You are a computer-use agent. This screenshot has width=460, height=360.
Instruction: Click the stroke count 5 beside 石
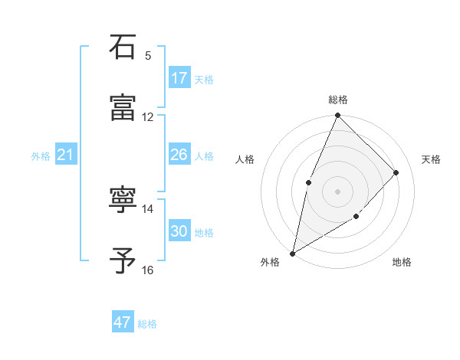coord(148,56)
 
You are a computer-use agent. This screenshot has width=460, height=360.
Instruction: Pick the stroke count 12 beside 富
coord(148,116)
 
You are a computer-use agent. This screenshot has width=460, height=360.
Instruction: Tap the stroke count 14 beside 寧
coord(148,208)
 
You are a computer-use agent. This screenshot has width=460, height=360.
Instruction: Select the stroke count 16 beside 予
coord(148,270)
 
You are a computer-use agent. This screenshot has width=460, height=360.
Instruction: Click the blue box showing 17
coord(179,78)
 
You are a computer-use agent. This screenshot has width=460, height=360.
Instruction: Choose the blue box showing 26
coord(179,155)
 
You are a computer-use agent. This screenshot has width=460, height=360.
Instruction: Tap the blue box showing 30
coord(179,231)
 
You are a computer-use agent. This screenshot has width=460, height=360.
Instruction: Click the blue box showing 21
coord(66,155)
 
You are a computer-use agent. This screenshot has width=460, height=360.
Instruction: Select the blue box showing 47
coord(123,322)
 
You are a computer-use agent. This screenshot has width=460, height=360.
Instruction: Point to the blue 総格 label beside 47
coord(147,324)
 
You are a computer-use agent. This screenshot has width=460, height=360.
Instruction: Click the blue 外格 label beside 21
coord(41,156)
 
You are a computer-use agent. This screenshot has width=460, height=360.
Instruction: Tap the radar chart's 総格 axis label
coord(338,100)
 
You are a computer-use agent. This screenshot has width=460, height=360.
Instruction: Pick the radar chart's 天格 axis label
coord(432,159)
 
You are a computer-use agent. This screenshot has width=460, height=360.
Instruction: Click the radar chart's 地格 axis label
coord(402,263)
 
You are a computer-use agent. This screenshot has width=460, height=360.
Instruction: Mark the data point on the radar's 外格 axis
coord(292,253)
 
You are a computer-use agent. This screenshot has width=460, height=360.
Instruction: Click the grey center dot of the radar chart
coord(337,191)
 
